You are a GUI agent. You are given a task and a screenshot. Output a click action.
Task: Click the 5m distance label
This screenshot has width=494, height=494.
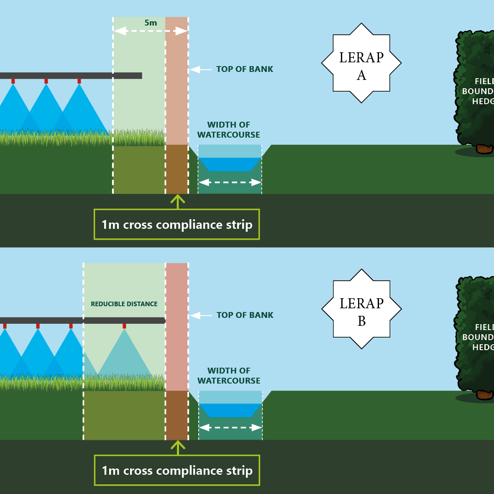click(151, 23)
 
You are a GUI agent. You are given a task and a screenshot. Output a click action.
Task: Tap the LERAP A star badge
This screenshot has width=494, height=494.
click(361, 63)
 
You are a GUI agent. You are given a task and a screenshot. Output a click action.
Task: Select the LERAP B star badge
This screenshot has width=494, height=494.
click(361, 309)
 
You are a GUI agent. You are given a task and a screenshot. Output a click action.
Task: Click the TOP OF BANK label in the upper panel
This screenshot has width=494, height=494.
click(245, 69)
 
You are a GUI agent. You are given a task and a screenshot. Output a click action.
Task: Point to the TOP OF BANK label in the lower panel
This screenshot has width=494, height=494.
click(245, 315)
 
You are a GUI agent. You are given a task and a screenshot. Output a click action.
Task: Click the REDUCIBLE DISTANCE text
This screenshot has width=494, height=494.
click(124, 304)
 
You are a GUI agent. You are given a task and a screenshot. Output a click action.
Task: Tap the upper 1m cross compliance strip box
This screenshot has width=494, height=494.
click(177, 225)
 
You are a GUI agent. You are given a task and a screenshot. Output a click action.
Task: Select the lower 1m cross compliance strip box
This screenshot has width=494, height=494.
click(177, 471)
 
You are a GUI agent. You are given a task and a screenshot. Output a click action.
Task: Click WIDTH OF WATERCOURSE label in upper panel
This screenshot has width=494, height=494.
click(229, 130)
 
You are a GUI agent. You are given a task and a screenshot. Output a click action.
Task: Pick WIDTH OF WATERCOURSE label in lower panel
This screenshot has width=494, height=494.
click(229, 376)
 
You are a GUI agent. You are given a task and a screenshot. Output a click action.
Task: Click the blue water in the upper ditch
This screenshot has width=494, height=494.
click(230, 164)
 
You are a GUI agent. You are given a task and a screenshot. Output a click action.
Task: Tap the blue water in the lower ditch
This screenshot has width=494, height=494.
click(230, 410)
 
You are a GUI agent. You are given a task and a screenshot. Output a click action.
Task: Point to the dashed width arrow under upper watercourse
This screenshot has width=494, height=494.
click(230, 182)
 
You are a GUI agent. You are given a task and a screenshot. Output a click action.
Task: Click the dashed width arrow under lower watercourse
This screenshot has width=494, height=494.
click(230, 428)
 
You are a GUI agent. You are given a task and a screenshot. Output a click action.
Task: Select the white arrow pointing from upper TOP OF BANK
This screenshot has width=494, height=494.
click(201, 70)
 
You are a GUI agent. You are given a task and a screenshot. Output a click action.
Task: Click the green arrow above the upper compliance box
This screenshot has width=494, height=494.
click(178, 202)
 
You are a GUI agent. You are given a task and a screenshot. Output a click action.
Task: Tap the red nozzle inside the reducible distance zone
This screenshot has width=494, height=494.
click(124, 326)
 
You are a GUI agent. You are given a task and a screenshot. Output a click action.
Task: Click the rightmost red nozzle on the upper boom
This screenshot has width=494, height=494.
click(79, 81)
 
